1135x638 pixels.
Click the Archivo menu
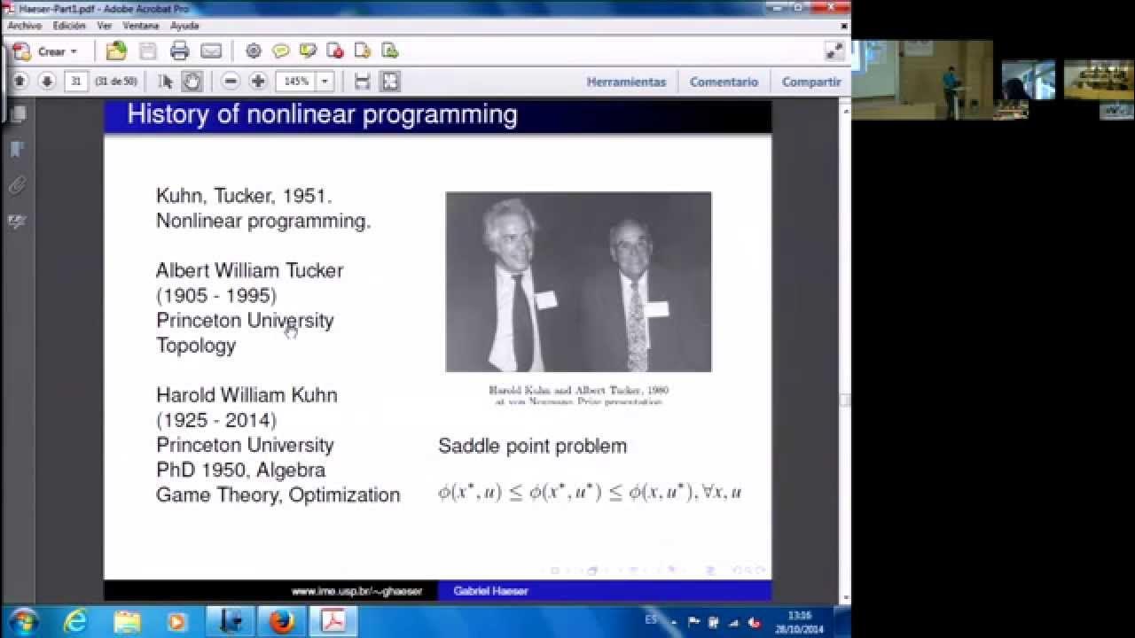[x=24, y=26]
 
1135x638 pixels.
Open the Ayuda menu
[x=184, y=26]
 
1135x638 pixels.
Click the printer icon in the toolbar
[x=179, y=51]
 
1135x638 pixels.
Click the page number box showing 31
[x=76, y=82]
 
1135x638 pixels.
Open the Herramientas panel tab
[x=626, y=82]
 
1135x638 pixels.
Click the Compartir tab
[x=810, y=82]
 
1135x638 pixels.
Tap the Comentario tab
[x=724, y=82]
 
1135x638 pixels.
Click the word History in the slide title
[x=168, y=114]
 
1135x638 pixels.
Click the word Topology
[x=196, y=346]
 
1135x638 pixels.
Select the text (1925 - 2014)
[x=216, y=420]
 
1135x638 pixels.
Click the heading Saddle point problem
[x=532, y=446]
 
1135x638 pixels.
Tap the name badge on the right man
[x=656, y=309]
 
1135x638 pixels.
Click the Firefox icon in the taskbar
[x=281, y=621]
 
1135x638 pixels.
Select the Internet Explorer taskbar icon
[x=76, y=621]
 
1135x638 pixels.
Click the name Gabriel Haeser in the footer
[x=490, y=591]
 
